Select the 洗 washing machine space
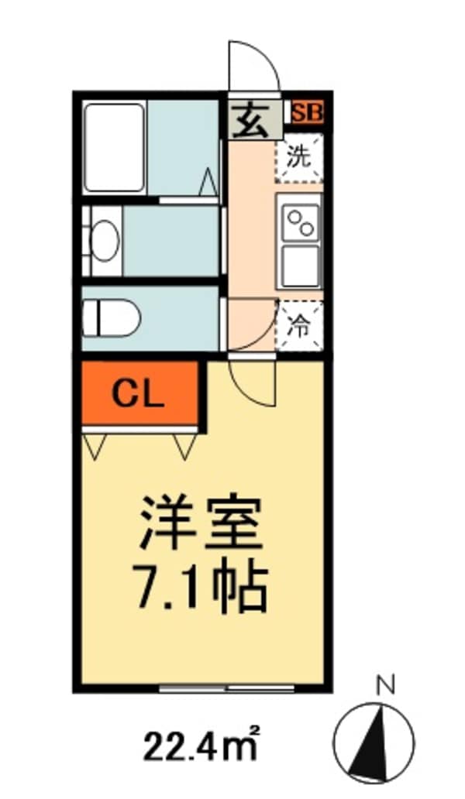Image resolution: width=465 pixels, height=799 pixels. [299, 159]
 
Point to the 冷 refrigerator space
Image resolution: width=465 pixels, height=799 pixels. [299, 325]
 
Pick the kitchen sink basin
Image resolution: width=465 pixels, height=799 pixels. [300, 266]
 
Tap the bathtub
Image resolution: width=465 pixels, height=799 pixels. [115, 147]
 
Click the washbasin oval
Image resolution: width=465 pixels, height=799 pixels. [104, 241]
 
